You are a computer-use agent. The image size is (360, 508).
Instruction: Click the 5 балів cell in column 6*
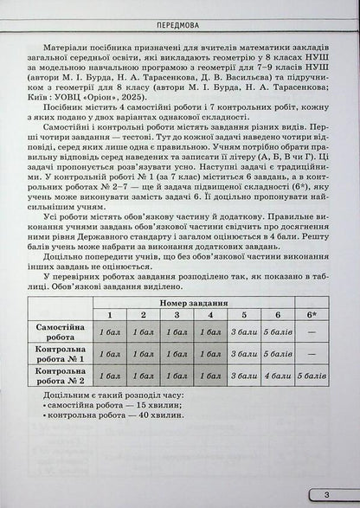tap(310, 376)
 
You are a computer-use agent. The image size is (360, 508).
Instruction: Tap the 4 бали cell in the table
tap(277, 376)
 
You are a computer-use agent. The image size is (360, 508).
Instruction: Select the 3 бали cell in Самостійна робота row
tap(245, 331)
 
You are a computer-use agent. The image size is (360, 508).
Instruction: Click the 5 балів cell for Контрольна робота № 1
tap(277, 354)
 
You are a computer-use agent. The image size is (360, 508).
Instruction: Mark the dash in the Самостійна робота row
tap(310, 331)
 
